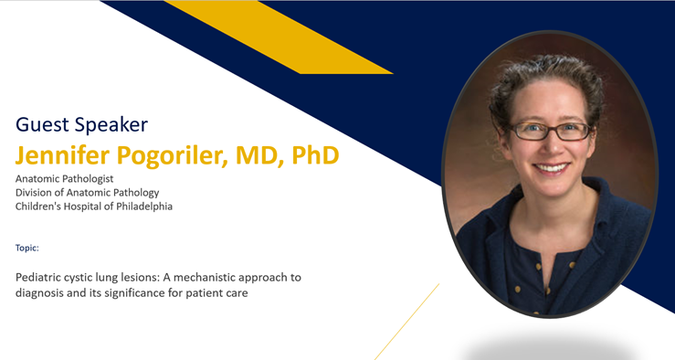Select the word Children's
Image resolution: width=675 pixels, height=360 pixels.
coord(43,206)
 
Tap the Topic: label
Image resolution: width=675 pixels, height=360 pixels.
coord(27,248)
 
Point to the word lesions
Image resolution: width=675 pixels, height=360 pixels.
coord(148,277)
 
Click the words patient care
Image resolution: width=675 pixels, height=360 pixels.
coord(224,293)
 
